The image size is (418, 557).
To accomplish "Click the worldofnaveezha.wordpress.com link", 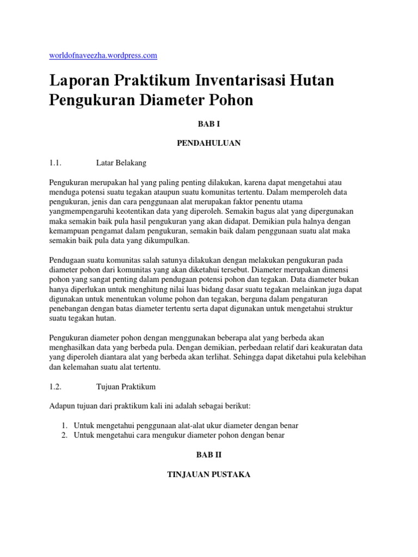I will coord(103,55).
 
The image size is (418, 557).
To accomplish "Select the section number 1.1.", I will coord(56,162).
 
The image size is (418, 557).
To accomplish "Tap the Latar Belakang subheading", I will coord(121,162).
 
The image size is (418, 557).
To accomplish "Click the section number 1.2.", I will coord(56,387).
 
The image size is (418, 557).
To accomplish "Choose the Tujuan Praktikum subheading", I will coord(126,387).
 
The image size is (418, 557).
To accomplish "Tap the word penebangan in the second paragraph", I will coord(70,310).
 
